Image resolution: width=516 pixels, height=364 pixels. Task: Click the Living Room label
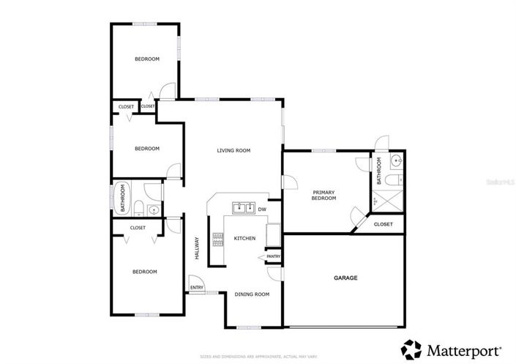pos(233,150)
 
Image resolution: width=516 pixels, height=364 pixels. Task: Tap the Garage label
pos(345,278)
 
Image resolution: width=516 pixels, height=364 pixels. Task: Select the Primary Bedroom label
pos(324,194)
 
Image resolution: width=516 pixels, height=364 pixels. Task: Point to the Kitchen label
pos(244,239)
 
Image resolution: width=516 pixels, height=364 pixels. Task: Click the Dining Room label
pos(252,294)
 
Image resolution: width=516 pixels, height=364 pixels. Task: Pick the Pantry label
pos(273,256)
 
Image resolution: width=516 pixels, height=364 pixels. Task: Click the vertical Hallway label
pos(197,248)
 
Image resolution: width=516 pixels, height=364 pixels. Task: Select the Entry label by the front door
pos(197,287)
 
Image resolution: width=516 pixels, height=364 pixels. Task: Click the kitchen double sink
pos(243,207)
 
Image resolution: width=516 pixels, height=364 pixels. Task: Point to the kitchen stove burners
pos(217,238)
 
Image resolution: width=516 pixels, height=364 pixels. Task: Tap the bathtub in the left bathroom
pos(121,198)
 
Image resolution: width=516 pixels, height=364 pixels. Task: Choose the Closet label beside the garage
pos(384,224)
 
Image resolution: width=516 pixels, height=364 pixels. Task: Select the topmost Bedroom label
pos(146,59)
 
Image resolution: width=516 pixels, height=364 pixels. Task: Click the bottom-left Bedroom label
pos(144,272)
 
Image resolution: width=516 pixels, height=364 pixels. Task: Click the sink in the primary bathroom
pos(395,160)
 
